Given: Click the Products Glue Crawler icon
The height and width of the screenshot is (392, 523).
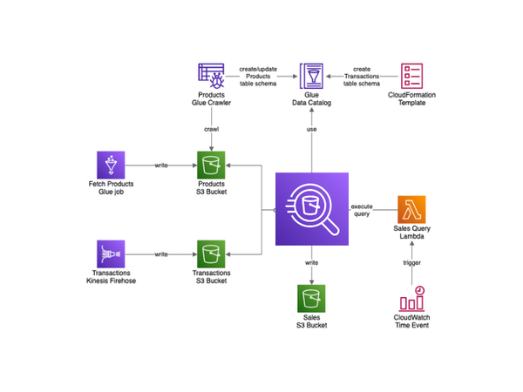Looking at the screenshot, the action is [x=211, y=76].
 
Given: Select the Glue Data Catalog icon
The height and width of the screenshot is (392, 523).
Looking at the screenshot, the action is [x=311, y=76].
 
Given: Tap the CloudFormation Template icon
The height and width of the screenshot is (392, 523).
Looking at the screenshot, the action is [x=411, y=76].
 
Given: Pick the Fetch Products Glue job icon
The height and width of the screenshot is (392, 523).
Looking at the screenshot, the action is [x=111, y=165].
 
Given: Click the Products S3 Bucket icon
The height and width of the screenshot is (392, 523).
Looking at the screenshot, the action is [x=211, y=165].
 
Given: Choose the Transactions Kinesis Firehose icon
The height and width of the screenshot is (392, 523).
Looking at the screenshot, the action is [x=111, y=254].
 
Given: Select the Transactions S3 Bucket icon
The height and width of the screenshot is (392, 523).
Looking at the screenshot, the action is [x=211, y=254].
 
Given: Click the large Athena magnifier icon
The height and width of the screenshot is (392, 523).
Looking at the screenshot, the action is [x=312, y=209].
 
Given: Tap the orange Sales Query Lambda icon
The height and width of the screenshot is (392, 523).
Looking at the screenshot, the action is [x=411, y=209].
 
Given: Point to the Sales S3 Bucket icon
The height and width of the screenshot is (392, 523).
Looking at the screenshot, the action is [x=311, y=298].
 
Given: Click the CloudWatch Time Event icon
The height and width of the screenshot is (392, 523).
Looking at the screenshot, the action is [x=412, y=298].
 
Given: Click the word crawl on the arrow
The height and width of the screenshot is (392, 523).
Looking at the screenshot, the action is [x=212, y=129].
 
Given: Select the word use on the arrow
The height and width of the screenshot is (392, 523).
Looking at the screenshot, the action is [x=311, y=129].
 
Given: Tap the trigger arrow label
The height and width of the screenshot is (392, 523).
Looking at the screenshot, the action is [x=412, y=263].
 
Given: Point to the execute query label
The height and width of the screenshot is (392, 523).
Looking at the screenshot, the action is [x=362, y=210].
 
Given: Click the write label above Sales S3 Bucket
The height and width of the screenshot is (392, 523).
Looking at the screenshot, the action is [x=311, y=263].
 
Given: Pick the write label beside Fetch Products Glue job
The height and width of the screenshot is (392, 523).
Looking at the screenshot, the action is [x=161, y=165].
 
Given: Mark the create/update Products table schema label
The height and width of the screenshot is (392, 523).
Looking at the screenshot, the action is [x=258, y=77].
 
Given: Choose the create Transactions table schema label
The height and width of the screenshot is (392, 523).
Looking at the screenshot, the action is [x=362, y=77].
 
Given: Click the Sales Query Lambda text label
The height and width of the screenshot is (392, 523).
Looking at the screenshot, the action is [x=412, y=233].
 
